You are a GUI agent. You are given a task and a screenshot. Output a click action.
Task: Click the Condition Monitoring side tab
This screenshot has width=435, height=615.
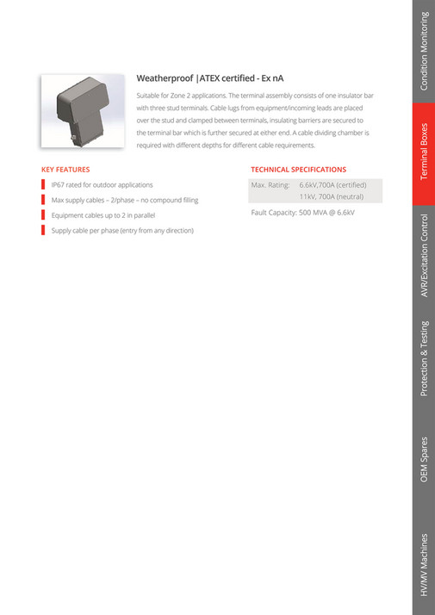coord(424,51)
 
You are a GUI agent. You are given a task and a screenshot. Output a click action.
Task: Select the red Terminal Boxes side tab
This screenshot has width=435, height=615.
coord(424,152)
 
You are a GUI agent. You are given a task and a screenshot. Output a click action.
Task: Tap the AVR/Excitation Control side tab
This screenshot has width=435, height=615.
coord(424,256)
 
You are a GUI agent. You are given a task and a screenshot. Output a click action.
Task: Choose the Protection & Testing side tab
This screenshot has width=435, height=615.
coord(424,359)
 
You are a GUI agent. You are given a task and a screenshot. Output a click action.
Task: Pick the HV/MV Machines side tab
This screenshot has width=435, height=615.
coord(424,564)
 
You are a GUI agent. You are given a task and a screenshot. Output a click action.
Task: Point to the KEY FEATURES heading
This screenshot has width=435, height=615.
coord(65,170)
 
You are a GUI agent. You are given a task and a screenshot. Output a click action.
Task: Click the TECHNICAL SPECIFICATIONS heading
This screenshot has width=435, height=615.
coord(298,170)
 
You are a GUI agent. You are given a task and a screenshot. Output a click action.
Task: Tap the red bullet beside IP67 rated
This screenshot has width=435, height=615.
coord(43,184)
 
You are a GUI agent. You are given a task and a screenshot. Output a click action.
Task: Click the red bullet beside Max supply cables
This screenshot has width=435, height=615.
coord(43,200)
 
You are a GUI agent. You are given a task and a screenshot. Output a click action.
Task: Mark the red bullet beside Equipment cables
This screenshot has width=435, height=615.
coord(43,215)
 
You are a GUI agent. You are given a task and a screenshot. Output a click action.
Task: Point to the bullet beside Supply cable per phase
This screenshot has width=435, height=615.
coord(43,231)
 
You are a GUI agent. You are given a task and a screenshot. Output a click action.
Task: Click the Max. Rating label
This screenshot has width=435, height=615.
coord(270,185)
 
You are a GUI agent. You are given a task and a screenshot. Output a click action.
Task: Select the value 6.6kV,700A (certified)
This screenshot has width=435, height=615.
coord(332,185)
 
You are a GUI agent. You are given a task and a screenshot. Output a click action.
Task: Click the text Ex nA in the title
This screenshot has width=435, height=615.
coord(272,78)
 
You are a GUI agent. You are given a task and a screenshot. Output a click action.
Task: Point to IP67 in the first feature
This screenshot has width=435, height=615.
coord(59,184)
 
